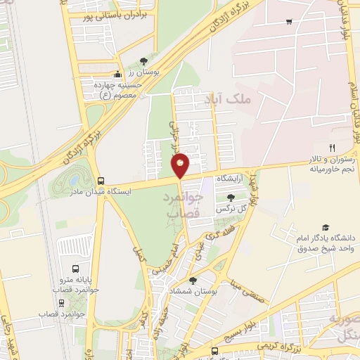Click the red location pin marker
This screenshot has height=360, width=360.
pos(181,165)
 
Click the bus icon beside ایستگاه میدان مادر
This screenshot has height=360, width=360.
pos(101,181)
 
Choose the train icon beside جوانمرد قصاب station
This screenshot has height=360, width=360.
pos(62,303)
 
